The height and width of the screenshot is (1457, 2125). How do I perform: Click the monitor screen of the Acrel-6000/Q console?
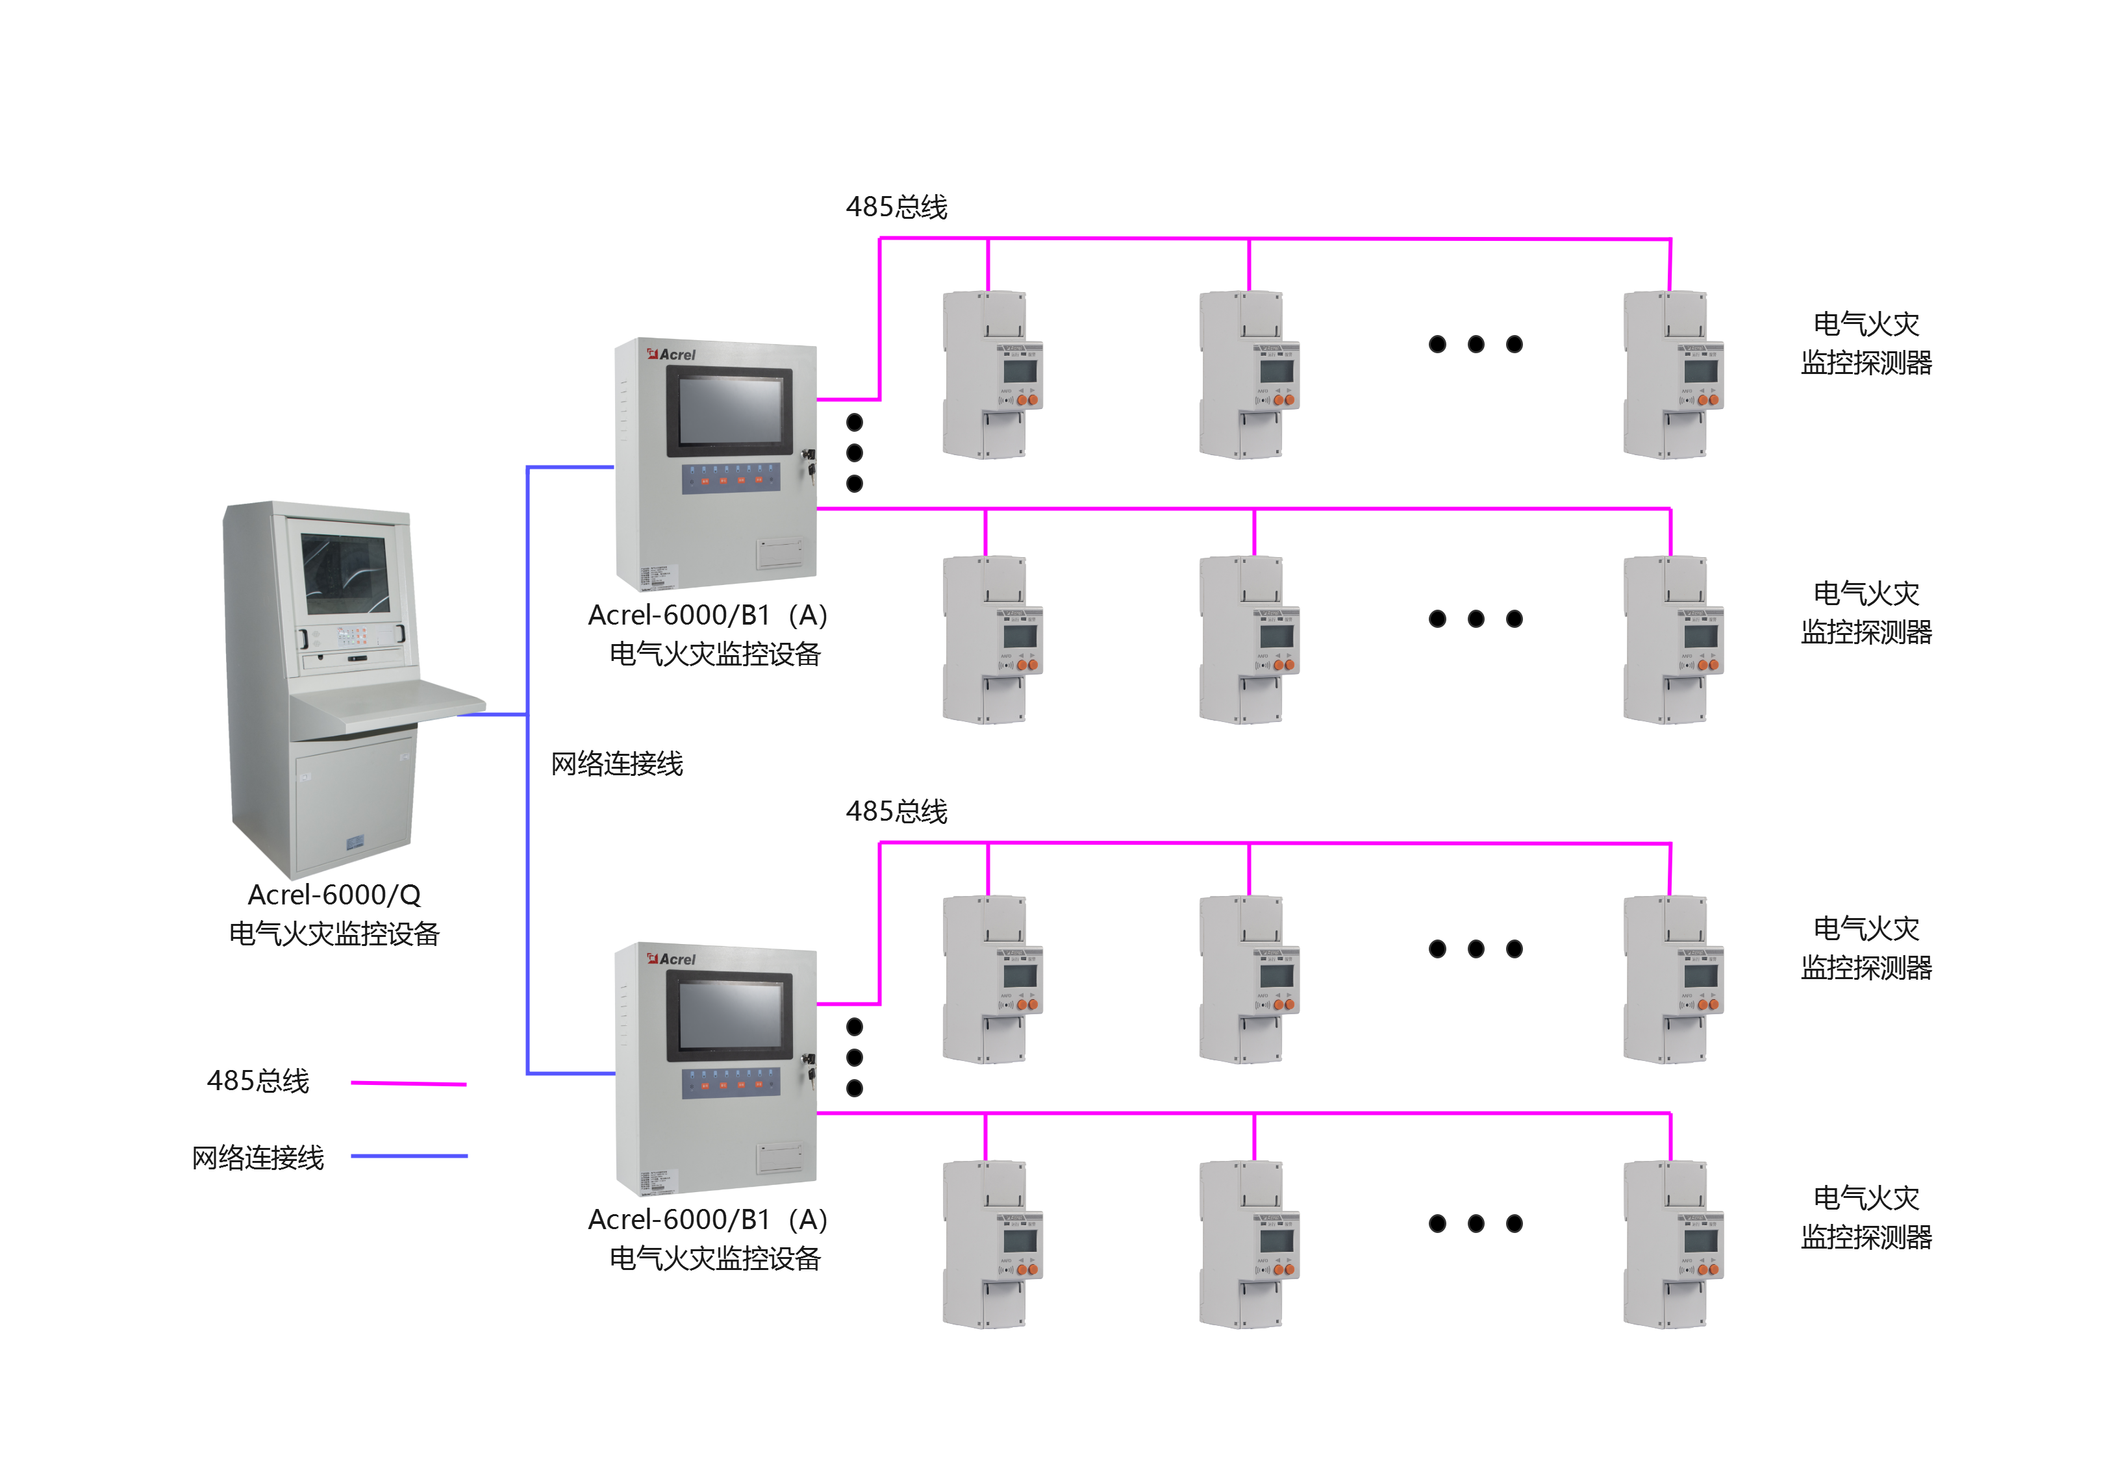346,573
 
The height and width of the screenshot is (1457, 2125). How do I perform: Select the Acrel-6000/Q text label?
334,895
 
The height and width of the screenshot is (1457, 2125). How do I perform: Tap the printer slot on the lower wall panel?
780,1157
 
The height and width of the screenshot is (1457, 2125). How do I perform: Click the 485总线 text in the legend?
258,1081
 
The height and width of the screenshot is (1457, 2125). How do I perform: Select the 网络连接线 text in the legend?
258,1158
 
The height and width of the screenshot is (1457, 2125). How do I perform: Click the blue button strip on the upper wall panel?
731,479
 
